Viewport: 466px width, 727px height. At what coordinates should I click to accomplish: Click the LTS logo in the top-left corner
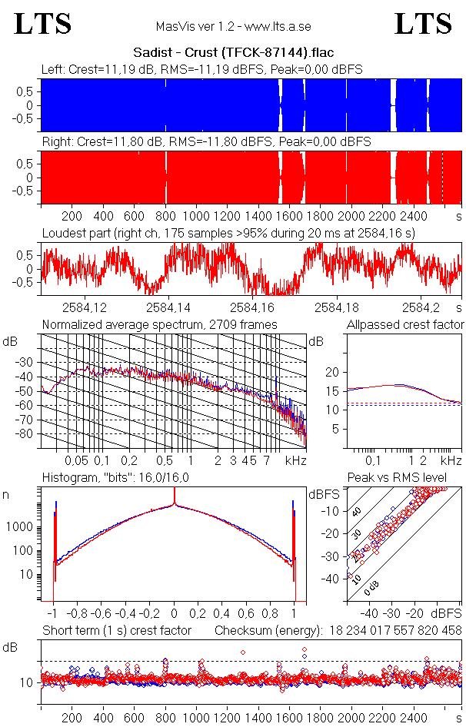coord(43,24)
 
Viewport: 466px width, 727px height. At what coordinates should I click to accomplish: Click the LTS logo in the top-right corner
coord(423,24)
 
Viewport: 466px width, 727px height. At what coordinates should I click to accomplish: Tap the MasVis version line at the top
coord(233,26)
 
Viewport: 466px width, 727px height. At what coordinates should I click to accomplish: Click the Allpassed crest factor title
coord(405,325)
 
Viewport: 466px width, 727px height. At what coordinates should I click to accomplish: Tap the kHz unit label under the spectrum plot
coord(295,460)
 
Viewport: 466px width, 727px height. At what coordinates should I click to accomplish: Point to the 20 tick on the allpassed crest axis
coord(332,372)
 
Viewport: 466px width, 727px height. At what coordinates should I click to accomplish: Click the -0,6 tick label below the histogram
coord(102,614)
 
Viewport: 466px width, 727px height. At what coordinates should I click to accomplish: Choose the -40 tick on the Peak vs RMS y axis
coord(332,579)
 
